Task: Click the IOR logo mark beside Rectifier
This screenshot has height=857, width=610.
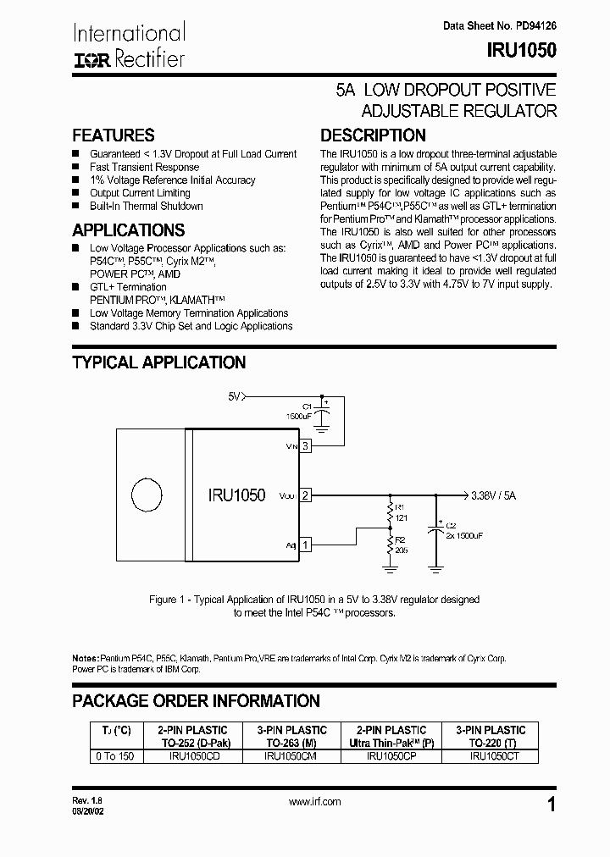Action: click(91, 60)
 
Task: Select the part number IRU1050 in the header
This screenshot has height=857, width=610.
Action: click(522, 50)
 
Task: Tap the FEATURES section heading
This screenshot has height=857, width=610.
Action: click(114, 135)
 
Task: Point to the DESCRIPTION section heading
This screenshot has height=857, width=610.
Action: click(373, 135)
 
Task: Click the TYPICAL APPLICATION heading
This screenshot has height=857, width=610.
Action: click(159, 362)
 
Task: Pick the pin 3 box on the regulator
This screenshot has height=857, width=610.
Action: click(305, 445)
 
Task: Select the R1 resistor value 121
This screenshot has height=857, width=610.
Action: click(401, 517)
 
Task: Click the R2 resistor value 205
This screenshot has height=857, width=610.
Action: click(401, 550)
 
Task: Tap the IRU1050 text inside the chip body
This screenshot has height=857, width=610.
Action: click(236, 495)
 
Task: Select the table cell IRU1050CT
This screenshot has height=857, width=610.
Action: click(491, 757)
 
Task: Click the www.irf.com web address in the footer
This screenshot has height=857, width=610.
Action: click(314, 801)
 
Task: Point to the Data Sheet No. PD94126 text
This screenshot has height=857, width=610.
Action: click(500, 26)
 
